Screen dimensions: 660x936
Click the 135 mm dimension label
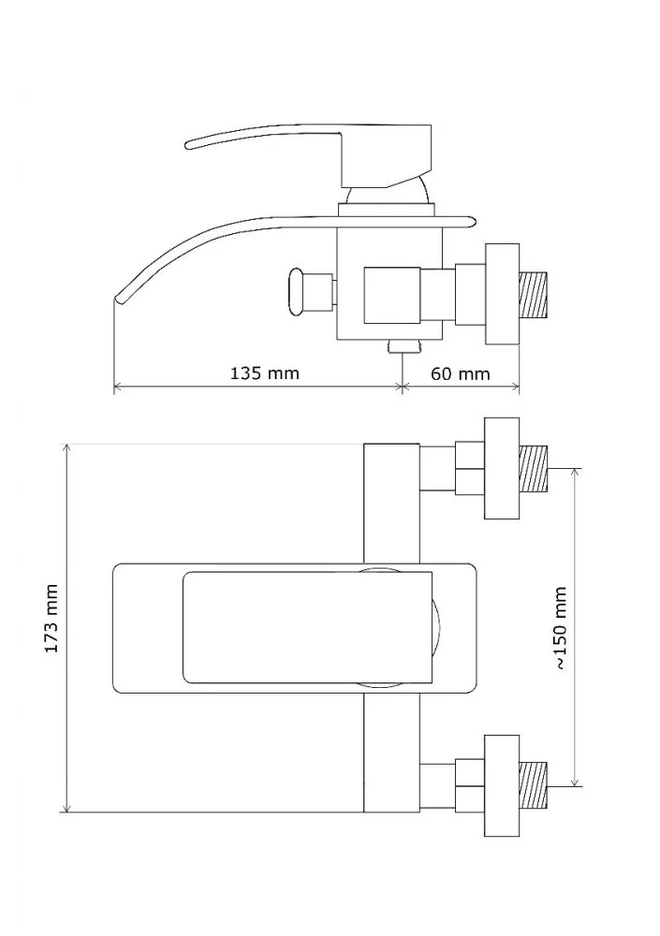pyautogui.click(x=265, y=373)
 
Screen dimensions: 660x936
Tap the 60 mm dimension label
pyautogui.click(x=460, y=373)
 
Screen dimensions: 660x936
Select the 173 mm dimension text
pyautogui.click(x=52, y=619)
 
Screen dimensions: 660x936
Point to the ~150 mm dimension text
pyautogui.click(x=560, y=628)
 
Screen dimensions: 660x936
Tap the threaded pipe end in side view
pyautogui.click(x=534, y=294)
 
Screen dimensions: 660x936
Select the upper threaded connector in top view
pyautogui.click(x=534, y=469)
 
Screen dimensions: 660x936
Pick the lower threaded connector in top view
pyautogui.click(x=534, y=785)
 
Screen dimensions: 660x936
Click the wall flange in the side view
pyautogui.click(x=502, y=294)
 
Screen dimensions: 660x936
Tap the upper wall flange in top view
pyautogui.click(x=502, y=469)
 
